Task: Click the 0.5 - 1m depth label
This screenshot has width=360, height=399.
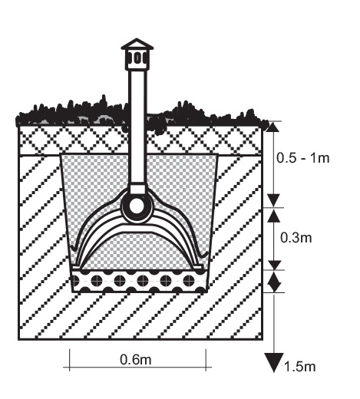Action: (x=302, y=158)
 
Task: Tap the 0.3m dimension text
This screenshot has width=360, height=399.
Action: (x=296, y=238)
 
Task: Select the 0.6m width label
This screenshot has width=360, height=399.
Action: (x=136, y=359)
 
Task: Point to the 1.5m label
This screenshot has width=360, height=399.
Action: (x=299, y=367)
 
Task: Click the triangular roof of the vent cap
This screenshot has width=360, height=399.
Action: (x=137, y=44)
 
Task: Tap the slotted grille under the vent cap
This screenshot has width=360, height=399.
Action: (x=137, y=58)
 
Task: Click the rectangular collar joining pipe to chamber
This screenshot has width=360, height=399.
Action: (x=137, y=190)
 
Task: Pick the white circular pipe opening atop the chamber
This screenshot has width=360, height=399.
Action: (x=137, y=206)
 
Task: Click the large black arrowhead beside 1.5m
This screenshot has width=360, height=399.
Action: (x=274, y=361)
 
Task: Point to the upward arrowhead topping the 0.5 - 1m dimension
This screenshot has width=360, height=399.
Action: (x=273, y=127)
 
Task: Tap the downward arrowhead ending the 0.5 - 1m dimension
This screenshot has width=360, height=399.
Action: (x=274, y=200)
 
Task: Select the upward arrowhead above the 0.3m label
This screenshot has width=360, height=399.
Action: (x=274, y=216)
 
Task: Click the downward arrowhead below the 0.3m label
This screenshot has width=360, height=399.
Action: (x=274, y=265)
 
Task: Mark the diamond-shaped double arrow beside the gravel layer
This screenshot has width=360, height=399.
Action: (x=274, y=282)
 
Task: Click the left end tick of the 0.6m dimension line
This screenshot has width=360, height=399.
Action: (x=69, y=360)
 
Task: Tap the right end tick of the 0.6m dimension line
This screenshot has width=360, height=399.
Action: (x=206, y=360)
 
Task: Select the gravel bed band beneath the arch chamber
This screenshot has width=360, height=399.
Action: (x=139, y=281)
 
